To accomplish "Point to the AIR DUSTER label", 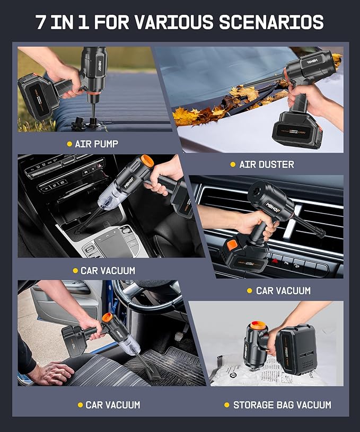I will point(266,164).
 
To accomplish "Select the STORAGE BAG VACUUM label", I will point(282,405).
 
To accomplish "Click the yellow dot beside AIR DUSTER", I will point(232,165).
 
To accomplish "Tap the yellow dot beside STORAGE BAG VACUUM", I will point(226,405).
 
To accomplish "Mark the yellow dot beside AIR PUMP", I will point(69,144).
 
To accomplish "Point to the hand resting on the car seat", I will point(51,373).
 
